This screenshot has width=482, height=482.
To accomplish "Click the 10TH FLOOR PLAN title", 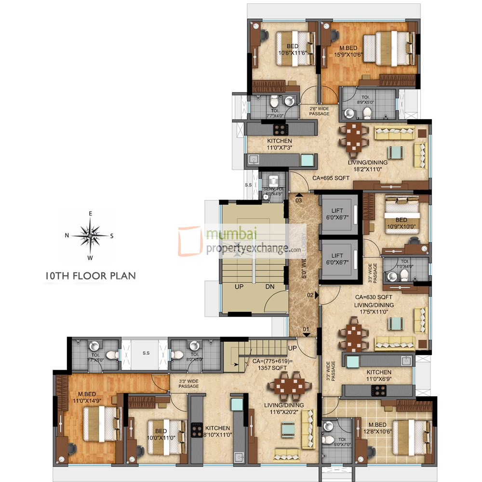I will coord(90,276).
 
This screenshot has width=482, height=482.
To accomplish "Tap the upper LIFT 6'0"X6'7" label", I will coord(337,214).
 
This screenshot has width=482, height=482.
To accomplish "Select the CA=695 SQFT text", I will coord(331,178).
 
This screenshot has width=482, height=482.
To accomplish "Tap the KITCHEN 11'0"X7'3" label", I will coord(280,144).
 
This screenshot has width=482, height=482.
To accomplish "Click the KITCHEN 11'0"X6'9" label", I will coord(378,376).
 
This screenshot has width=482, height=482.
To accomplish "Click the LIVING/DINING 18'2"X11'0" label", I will coord(367,166).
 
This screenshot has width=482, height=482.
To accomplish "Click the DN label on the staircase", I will coord(270,286).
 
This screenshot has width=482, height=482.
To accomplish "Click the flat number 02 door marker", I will coord(311,295).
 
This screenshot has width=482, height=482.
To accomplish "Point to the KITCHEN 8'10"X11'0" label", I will coord(218,431).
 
